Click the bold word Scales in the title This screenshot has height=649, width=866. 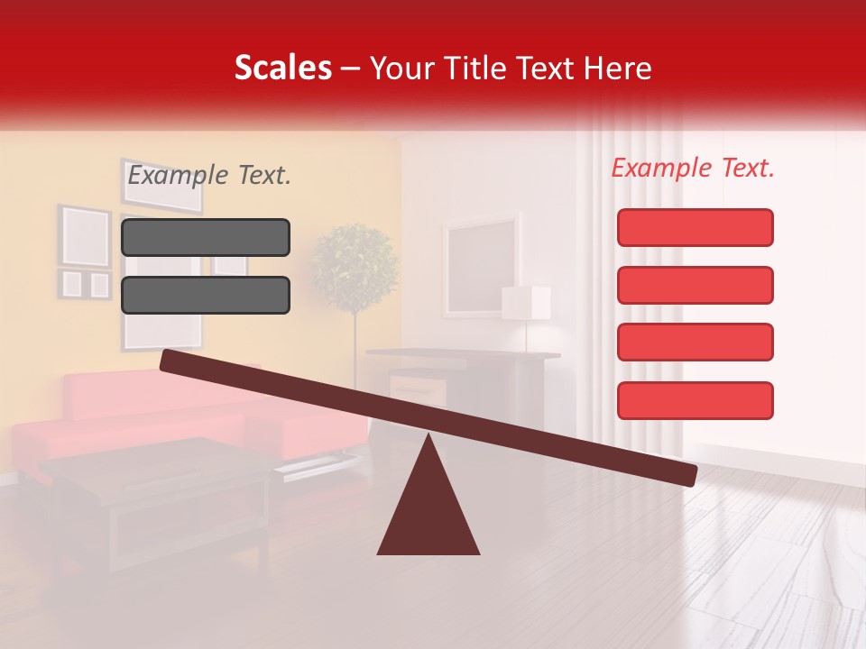tap(282, 68)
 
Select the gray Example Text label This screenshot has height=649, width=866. tap(209, 175)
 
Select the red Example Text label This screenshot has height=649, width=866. tap(693, 168)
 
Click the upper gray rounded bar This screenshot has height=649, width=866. tap(206, 238)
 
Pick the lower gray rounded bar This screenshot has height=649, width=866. tap(206, 295)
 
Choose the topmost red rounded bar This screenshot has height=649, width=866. tap(695, 227)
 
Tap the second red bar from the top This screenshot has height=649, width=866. tap(695, 285)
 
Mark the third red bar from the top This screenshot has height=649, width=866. tap(695, 343)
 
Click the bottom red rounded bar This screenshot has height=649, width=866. tap(695, 400)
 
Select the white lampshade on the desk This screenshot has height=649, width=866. tap(526, 303)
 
